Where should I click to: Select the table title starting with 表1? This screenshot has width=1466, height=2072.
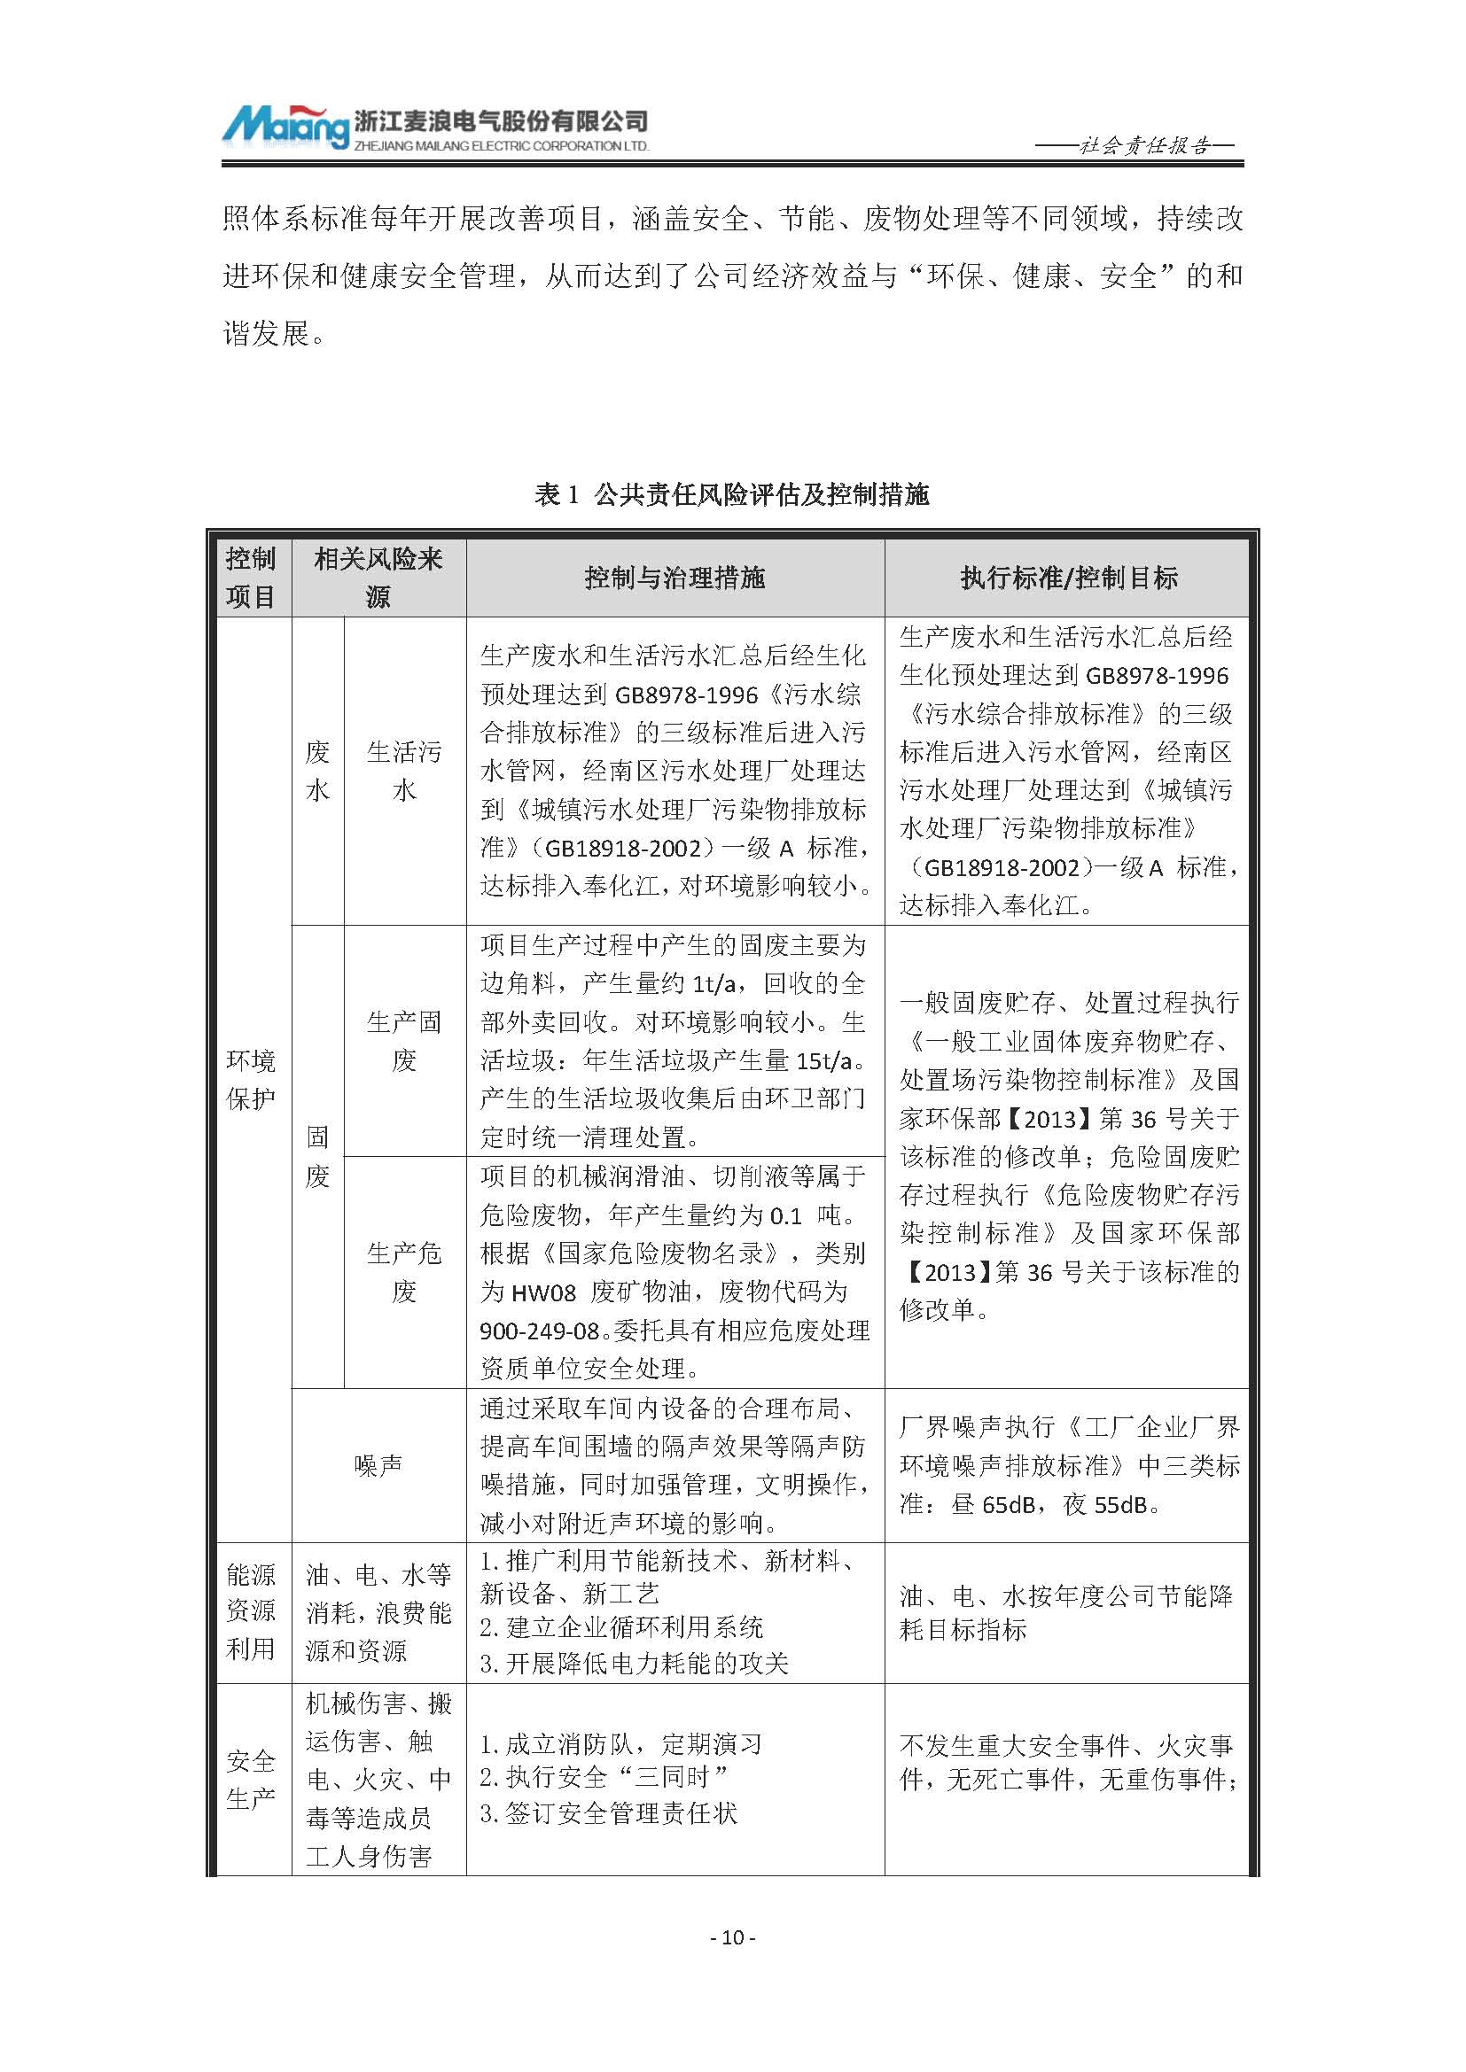(x=732, y=494)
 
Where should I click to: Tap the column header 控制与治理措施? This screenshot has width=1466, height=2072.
(x=675, y=578)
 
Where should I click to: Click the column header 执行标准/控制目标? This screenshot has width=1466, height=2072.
(x=1068, y=578)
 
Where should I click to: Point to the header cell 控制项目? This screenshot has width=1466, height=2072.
(x=250, y=578)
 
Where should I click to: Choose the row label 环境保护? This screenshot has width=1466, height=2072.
(x=250, y=1079)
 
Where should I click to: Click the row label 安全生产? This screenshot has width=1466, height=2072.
(x=250, y=1780)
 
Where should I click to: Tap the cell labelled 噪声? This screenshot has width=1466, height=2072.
(x=378, y=1465)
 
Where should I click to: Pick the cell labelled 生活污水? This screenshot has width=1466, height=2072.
(x=403, y=771)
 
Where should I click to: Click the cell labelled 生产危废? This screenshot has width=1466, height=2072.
(x=403, y=1272)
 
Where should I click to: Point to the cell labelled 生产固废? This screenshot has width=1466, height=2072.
(x=403, y=1042)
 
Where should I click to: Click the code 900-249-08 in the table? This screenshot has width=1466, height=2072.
(x=540, y=1331)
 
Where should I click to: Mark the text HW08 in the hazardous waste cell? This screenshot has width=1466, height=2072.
(x=542, y=1292)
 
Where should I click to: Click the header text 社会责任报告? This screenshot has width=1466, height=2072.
(x=1144, y=146)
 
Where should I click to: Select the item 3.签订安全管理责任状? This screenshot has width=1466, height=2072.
(x=608, y=1814)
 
